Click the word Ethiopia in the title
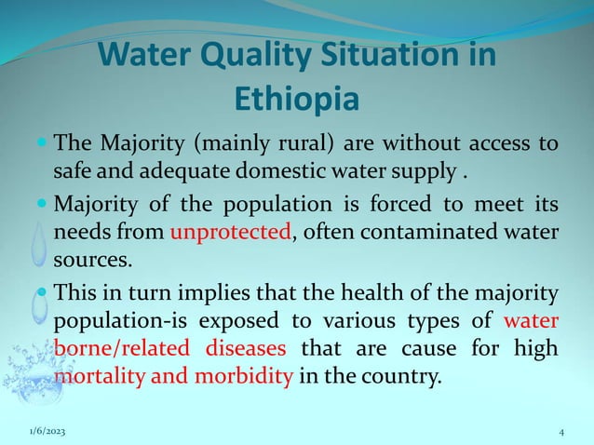point(297,99)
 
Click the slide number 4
point(561,432)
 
